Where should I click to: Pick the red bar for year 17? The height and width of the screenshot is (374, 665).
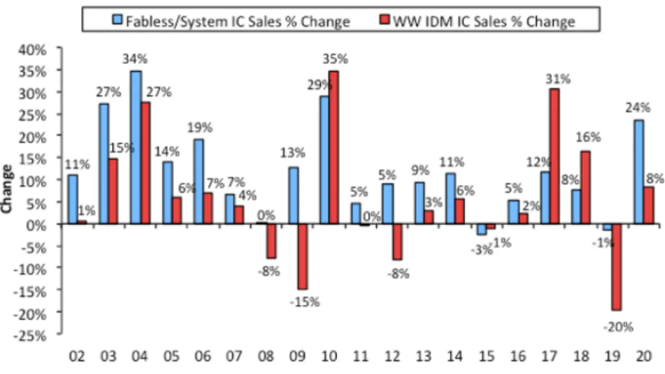pos(554,156)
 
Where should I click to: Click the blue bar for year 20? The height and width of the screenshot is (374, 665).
pos(639,172)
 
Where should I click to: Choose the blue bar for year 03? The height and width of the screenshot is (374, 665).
pos(104,164)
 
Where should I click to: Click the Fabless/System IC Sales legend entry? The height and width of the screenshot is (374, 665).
pos(232,21)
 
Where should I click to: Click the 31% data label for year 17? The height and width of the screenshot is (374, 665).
pos(558,79)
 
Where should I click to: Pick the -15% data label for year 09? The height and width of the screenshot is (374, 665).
pos(305,301)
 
